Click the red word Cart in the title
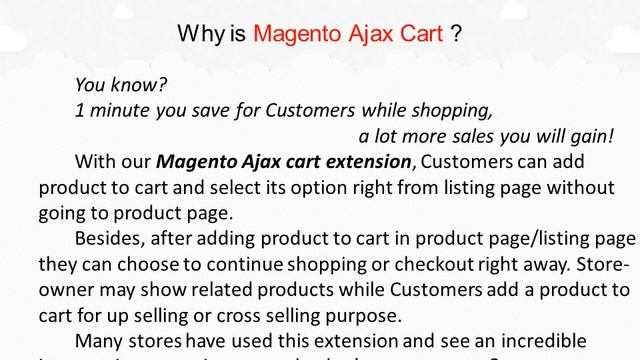420,33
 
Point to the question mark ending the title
457,33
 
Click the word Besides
109,238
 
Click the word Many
99,341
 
